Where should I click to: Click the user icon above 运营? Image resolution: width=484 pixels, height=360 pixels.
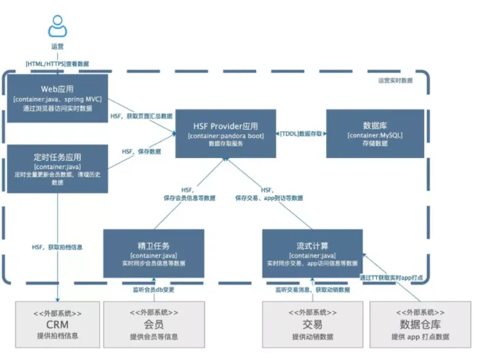[57, 27]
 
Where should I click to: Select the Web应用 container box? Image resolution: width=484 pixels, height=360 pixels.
[57, 99]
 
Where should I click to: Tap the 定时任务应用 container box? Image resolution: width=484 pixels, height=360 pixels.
[57, 168]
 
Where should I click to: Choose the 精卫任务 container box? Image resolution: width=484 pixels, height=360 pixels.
[154, 253]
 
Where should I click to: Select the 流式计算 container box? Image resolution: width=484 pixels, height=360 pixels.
[312, 253]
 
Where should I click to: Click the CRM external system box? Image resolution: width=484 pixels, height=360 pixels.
[57, 323]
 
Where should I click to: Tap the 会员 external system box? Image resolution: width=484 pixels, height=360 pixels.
[154, 323]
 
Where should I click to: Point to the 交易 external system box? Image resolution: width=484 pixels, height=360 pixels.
[312, 323]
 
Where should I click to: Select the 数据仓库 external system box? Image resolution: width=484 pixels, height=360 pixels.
[420, 323]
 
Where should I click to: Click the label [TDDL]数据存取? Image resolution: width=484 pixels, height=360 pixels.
[300, 134]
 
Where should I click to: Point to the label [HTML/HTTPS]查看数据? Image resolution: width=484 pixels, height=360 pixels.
[57, 63]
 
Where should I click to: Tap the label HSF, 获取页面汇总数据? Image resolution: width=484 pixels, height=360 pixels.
[141, 116]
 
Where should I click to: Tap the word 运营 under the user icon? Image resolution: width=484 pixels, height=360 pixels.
[57, 46]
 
